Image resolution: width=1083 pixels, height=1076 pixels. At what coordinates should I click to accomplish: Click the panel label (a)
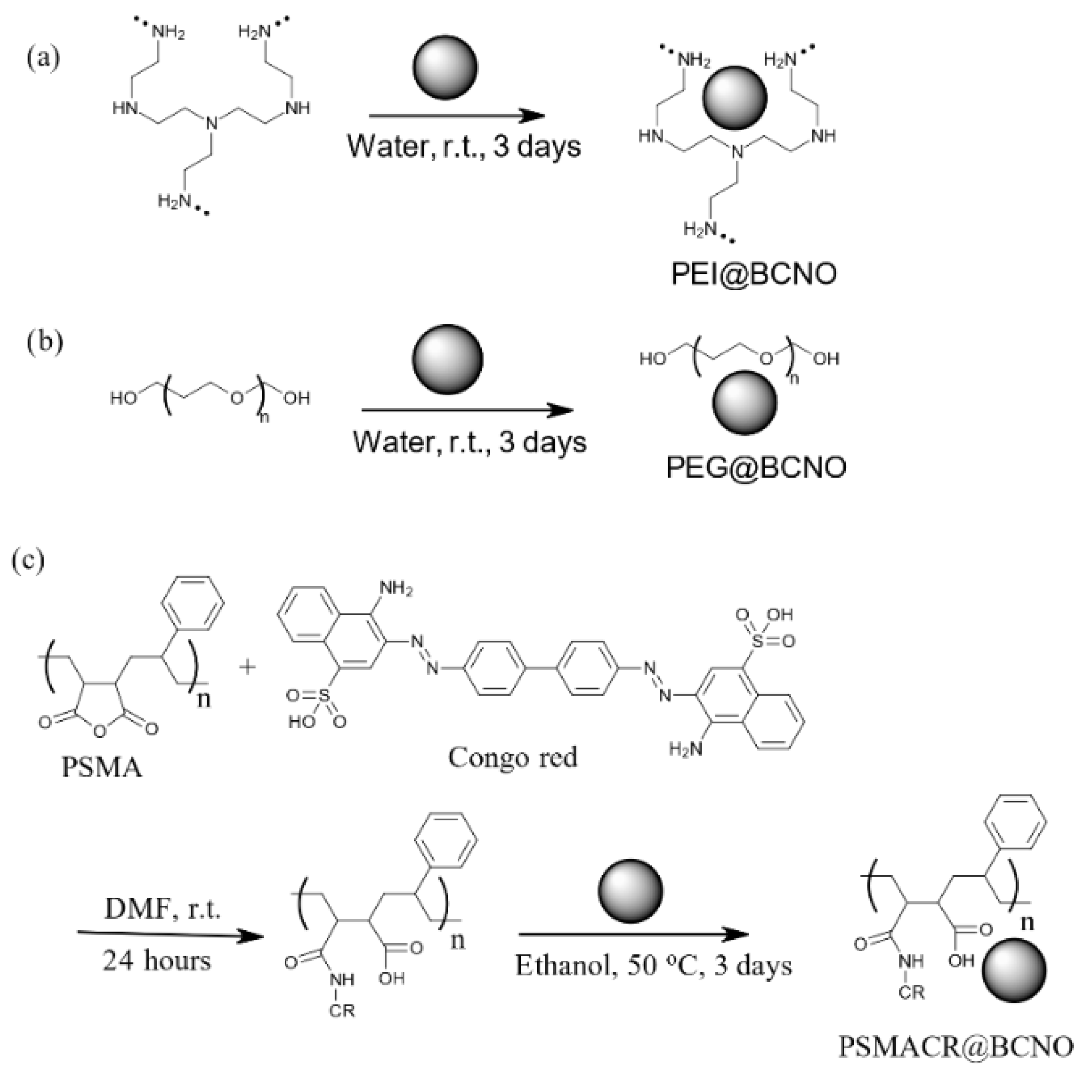pos(43,57)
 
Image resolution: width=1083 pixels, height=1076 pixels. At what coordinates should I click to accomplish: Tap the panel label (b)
pos(45,341)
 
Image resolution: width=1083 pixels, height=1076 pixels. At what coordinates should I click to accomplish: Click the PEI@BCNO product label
pos(754,274)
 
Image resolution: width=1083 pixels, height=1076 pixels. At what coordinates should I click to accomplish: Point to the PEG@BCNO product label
pos(756,467)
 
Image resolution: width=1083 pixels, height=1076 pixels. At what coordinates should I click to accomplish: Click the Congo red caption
pos(512,758)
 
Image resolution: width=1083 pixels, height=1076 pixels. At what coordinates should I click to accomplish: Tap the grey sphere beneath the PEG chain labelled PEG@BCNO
pos(744,402)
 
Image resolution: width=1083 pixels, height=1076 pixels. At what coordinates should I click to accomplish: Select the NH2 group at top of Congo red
pos(396,589)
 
